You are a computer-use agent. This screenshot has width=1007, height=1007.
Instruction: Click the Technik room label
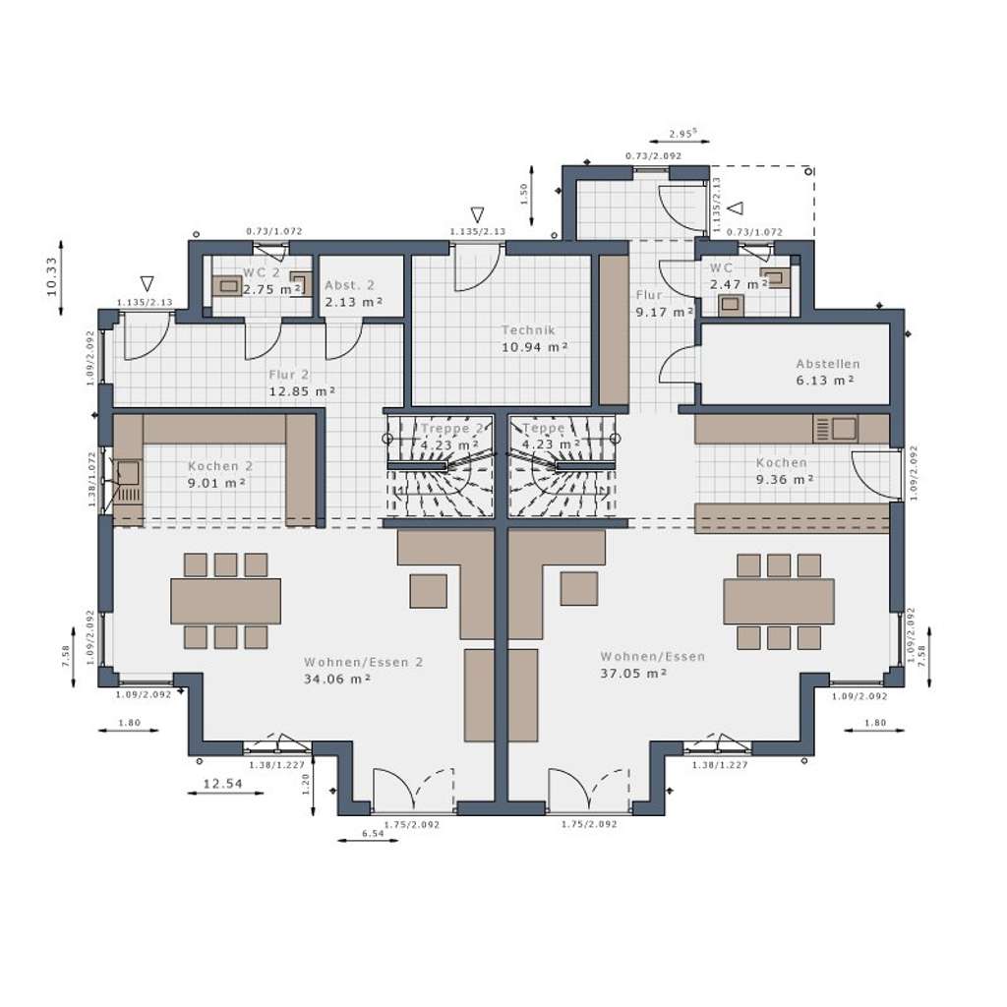click(528, 331)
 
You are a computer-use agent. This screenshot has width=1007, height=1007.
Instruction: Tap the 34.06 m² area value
click(336, 679)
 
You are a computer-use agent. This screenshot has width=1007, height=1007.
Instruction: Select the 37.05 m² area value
click(633, 674)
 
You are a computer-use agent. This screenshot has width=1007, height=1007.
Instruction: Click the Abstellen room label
click(827, 364)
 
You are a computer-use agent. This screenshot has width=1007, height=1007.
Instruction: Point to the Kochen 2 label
click(220, 466)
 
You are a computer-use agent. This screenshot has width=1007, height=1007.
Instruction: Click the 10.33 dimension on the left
click(52, 277)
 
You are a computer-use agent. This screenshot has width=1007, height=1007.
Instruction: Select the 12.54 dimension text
click(223, 784)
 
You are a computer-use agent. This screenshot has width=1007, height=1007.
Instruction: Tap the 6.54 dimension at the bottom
click(372, 834)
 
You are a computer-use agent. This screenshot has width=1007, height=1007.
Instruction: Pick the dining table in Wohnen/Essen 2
click(225, 601)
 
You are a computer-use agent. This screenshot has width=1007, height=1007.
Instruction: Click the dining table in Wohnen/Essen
click(778, 601)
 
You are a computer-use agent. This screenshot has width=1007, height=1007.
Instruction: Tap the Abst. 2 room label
click(349, 285)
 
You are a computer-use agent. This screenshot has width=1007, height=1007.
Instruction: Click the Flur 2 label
click(289, 375)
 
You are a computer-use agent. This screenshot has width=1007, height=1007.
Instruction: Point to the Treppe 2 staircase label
click(451, 429)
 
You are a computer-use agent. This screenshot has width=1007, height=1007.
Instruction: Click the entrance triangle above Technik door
click(478, 214)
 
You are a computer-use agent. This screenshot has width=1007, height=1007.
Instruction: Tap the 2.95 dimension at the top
click(681, 133)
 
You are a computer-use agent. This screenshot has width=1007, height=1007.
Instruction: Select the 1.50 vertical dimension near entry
click(523, 193)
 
